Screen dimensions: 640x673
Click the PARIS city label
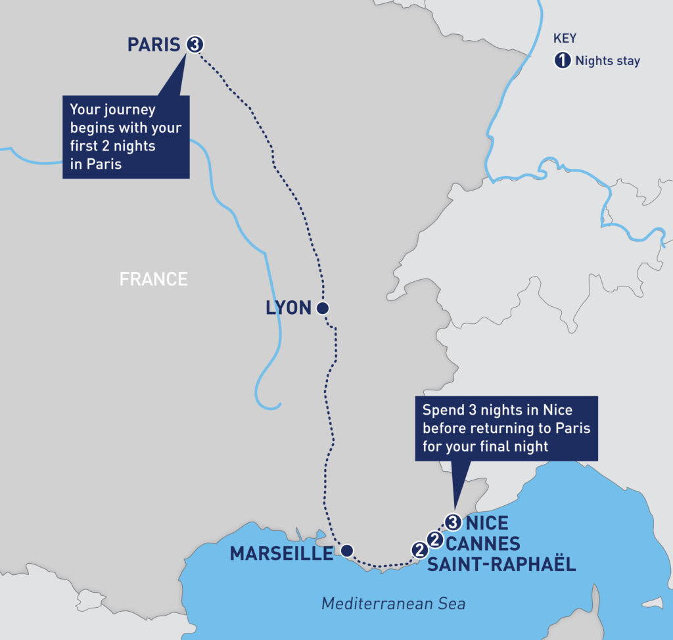pyautogui.click(x=153, y=45)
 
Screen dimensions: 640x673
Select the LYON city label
pyautogui.click(x=288, y=308)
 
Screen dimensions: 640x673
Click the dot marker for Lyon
pyautogui.click(x=322, y=308)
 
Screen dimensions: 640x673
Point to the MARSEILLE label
pyautogui.click(x=281, y=554)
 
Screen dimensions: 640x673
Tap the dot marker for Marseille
pyautogui.click(x=347, y=550)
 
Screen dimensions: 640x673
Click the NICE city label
pyautogui.click(x=486, y=524)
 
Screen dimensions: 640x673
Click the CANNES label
pyautogui.click(x=483, y=544)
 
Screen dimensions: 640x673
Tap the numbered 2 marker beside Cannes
pyautogui.click(x=434, y=539)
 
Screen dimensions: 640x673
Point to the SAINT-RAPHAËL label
pyautogui.click(x=501, y=564)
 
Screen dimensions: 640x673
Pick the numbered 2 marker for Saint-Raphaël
pyautogui.click(x=418, y=549)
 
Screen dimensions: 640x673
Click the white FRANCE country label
pyautogui.click(x=153, y=279)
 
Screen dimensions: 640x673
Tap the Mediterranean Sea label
pyautogui.click(x=393, y=603)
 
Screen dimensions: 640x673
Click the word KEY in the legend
pyautogui.click(x=565, y=39)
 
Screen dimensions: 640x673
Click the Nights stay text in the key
pyautogui.click(x=607, y=61)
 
